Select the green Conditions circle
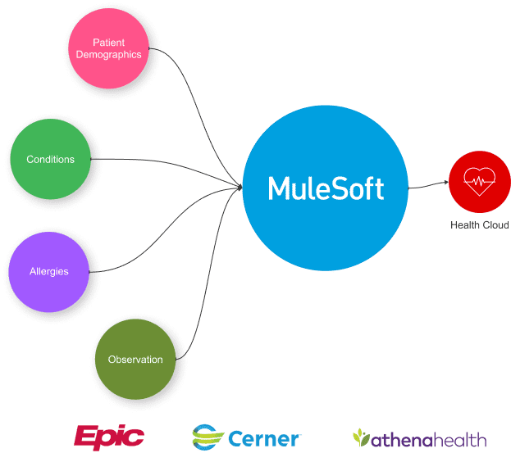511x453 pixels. (50, 160)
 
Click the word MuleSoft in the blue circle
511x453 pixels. (326, 188)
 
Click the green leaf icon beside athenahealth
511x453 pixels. (361, 438)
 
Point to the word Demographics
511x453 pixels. (115, 55)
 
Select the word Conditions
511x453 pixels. (50, 160)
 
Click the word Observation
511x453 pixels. (135, 360)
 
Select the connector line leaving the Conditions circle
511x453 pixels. (164, 161)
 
